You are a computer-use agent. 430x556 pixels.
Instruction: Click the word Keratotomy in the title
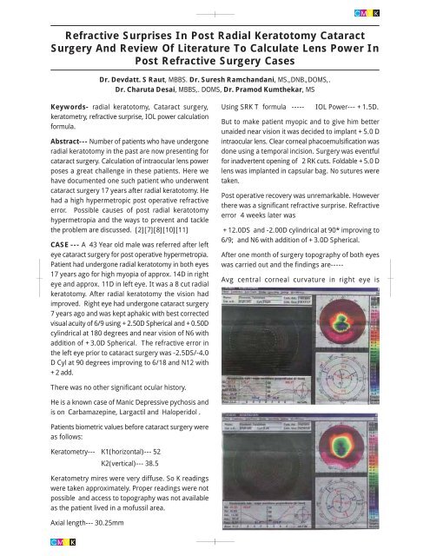259,36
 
